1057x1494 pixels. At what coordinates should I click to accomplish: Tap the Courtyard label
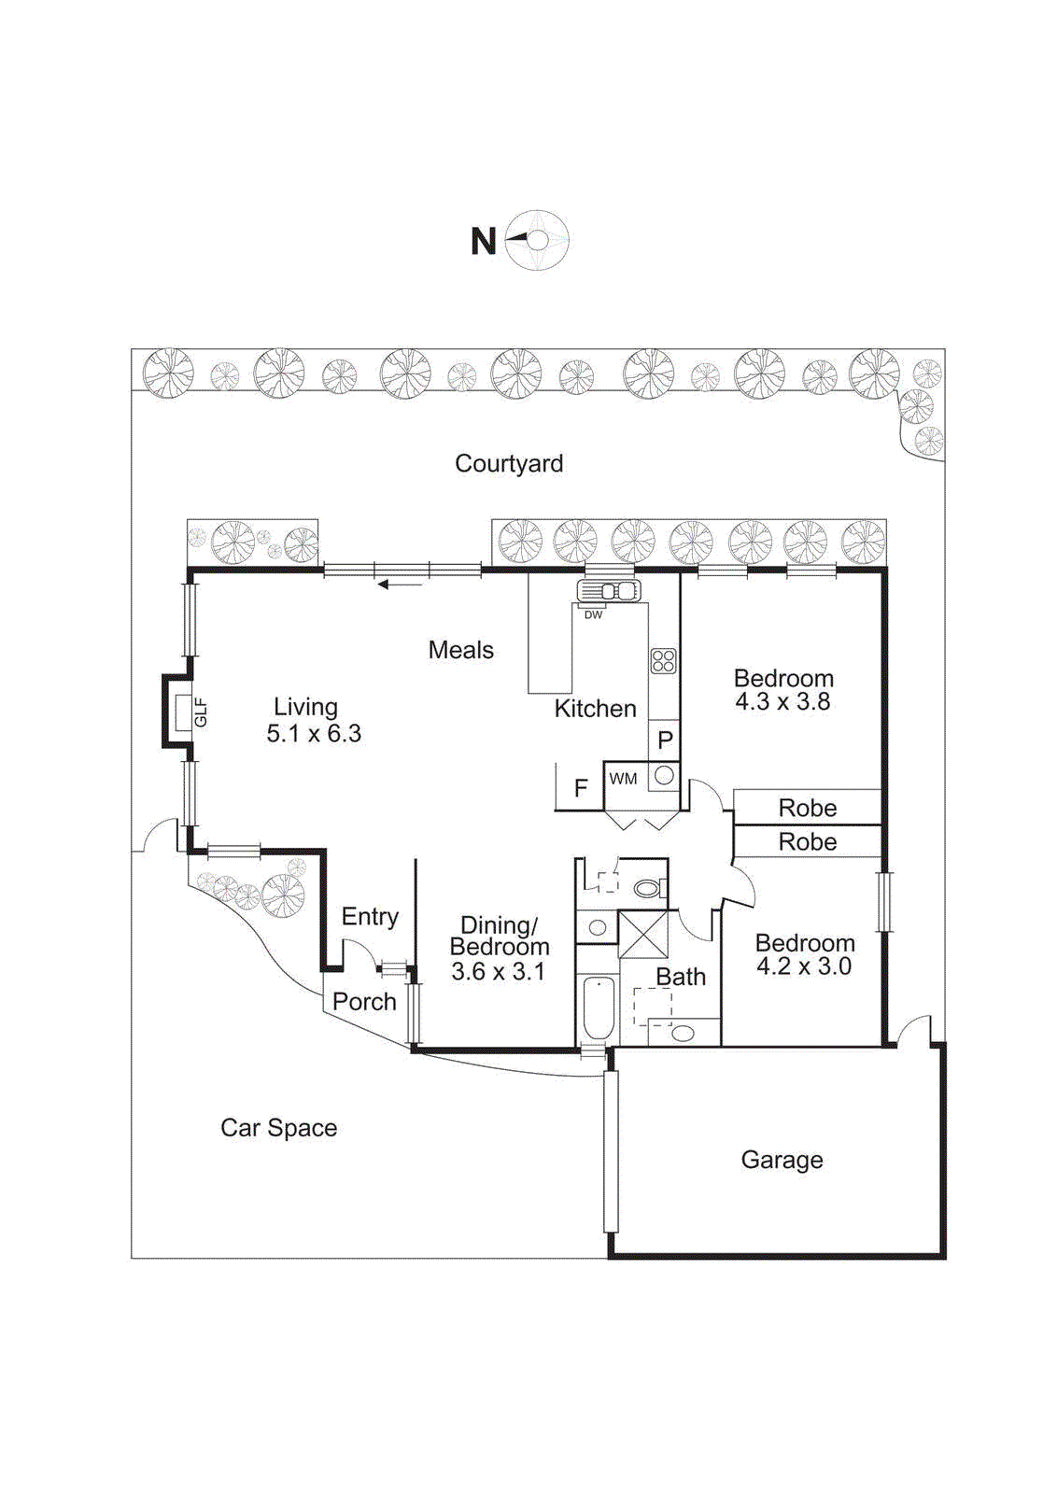pos(509,463)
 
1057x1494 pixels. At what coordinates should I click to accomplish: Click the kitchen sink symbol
pos(609,591)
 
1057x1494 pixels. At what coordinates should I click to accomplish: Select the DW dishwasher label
pos(593,614)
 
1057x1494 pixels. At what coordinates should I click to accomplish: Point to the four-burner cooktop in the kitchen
pos(663,661)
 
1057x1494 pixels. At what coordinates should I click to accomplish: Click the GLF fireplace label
pos(200,712)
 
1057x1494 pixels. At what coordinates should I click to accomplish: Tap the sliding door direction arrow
pos(400,585)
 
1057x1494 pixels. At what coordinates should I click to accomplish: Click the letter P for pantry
pos(665,740)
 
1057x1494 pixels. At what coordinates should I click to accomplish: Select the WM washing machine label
pos(623,779)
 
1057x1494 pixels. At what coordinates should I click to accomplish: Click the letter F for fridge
pos(581,789)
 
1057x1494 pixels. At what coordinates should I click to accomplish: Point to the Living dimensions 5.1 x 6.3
pos(314,734)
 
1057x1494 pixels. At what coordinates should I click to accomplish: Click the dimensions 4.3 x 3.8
pos(782,702)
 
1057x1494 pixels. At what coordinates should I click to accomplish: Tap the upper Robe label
pos(808,808)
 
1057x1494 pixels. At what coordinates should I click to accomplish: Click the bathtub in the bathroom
pos(598,1008)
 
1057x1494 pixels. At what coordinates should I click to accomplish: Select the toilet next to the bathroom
pos(647,888)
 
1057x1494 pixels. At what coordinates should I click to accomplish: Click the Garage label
pos(782,1160)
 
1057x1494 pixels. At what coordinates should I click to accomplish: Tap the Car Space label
pos(278,1128)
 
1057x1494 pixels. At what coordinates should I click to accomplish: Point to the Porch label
pos(364,1002)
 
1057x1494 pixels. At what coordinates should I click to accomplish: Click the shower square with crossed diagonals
pos(643,935)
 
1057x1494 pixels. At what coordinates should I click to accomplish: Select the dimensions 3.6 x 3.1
pos(498,972)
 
